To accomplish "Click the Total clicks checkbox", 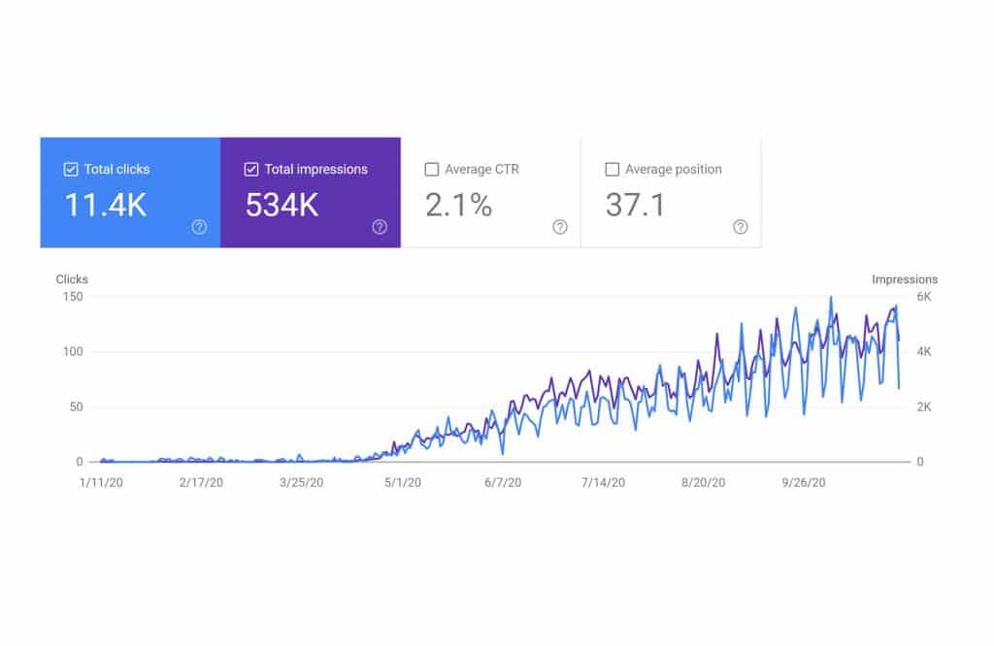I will tap(70, 169).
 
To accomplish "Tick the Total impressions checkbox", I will tap(250, 169).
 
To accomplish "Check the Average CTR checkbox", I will tap(431, 169).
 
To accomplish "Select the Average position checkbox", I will tap(612, 169).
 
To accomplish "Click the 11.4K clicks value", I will tap(105, 205).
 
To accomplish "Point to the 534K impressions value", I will tap(282, 205).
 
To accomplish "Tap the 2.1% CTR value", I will tap(458, 205).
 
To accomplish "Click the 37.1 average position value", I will tap(635, 205).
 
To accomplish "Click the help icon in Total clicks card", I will tap(199, 227).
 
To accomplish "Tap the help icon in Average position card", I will tap(740, 227).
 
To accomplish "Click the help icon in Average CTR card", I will tap(560, 227).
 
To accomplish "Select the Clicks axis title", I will tap(71, 279).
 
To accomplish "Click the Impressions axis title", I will tap(905, 279).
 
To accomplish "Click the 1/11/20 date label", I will tap(101, 482).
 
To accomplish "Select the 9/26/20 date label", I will tap(804, 482).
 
